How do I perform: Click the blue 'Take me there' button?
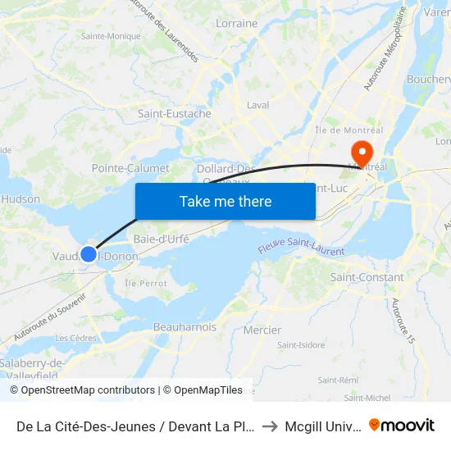point(225,201)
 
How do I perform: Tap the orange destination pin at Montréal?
point(361,153)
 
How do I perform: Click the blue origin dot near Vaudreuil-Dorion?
point(89,254)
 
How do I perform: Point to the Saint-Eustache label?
point(174,114)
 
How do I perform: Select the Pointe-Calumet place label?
point(130,168)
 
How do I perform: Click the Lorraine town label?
point(236,24)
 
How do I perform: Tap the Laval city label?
point(257,105)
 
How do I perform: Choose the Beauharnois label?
point(184,327)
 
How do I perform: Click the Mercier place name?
point(262,330)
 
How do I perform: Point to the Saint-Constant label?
point(367,277)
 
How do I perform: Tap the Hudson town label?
point(20,199)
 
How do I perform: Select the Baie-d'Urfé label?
point(162,239)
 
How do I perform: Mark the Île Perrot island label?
point(147,283)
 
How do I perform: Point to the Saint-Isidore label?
point(301,345)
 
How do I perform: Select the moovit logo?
point(401,425)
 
